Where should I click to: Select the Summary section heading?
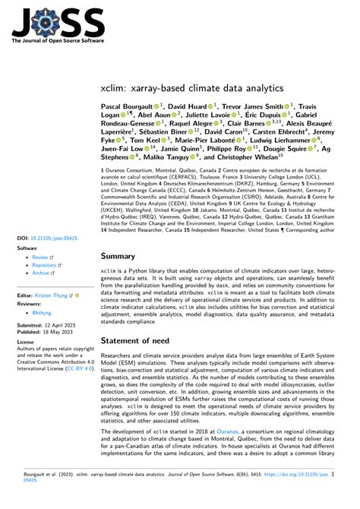pyautogui.click(x=124, y=236)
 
